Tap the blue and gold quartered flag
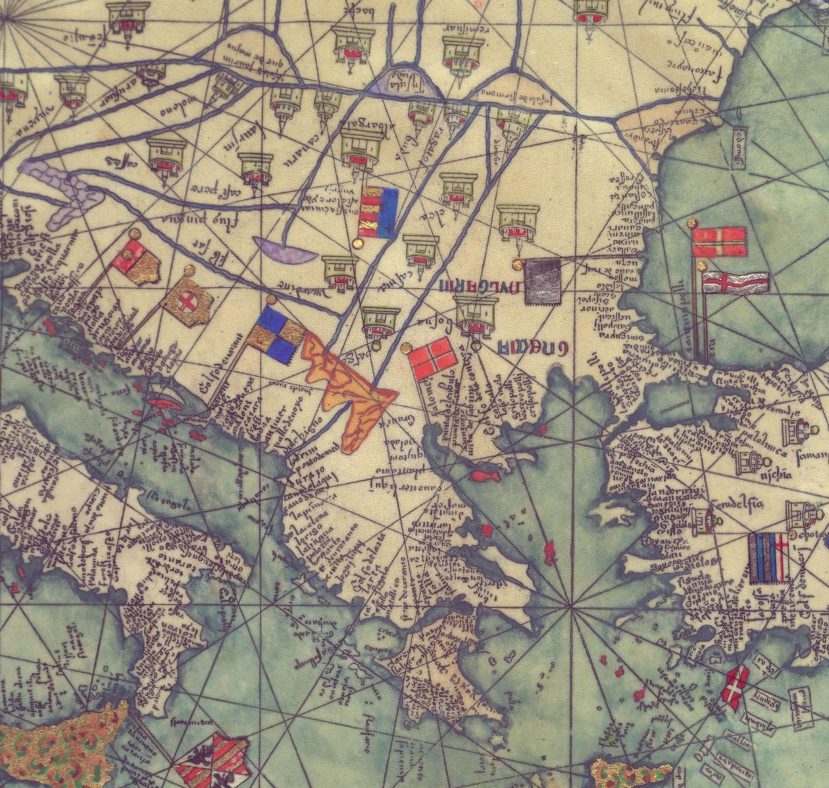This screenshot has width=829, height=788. pos(276,334)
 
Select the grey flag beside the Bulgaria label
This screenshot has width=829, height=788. pos(543,281)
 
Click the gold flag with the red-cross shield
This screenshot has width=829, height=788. pos(189,303)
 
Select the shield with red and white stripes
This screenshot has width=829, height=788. pos(214,760)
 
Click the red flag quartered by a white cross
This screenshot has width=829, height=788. pos(433,359)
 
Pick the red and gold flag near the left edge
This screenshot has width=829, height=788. pos(138,262)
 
